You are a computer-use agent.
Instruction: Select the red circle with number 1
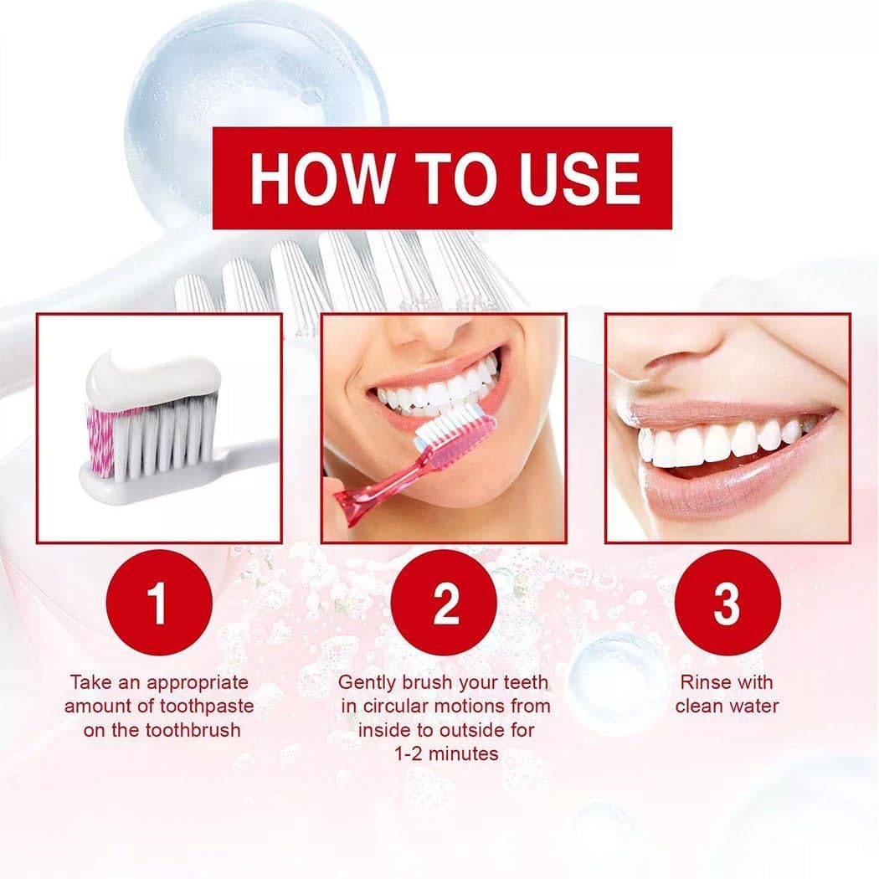click(158, 604)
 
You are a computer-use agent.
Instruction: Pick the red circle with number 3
click(727, 604)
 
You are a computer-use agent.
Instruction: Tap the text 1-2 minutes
click(446, 753)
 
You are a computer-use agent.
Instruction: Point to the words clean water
click(727, 706)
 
